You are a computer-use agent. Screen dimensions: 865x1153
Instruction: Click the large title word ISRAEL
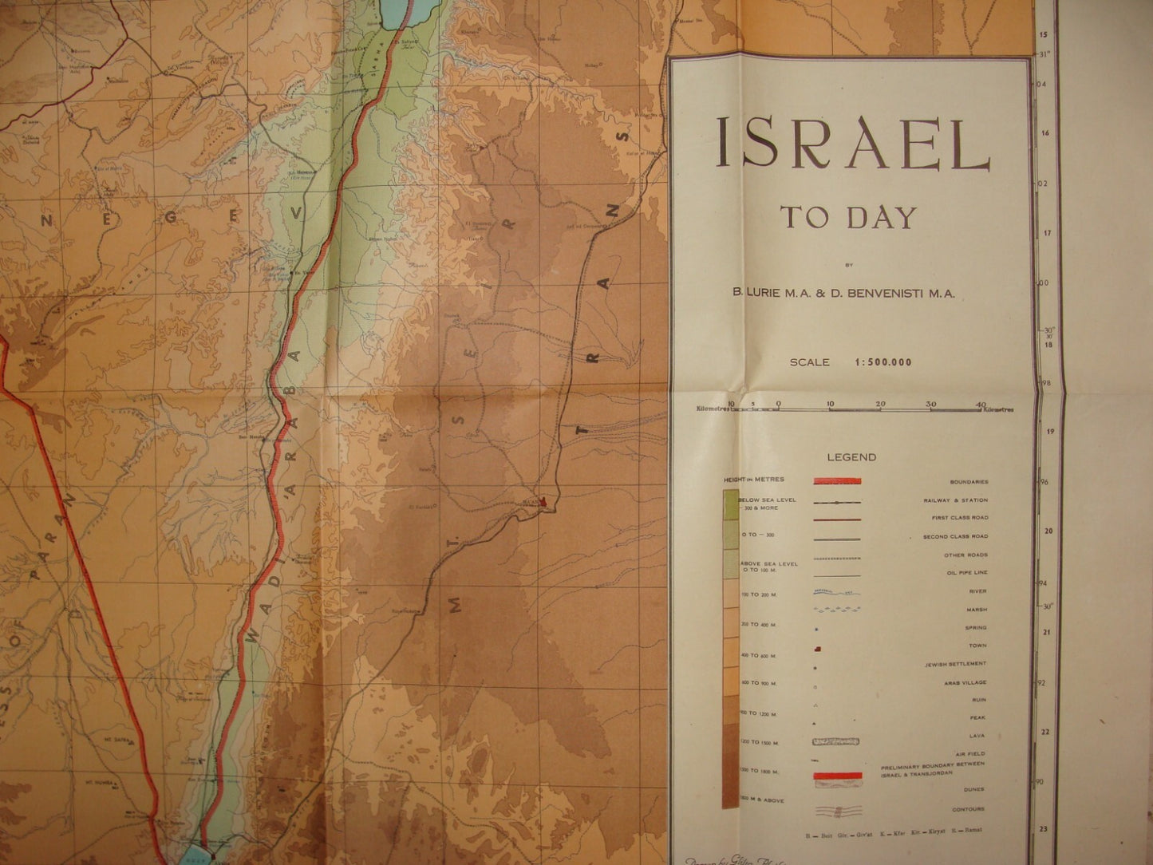point(851,144)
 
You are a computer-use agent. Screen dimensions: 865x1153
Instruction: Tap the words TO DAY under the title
point(848,217)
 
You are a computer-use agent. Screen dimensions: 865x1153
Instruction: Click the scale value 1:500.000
point(883,362)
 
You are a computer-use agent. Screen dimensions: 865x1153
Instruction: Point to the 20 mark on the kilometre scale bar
point(880,404)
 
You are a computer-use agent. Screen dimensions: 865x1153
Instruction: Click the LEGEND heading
point(851,457)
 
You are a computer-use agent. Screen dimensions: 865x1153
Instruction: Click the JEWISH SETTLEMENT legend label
point(955,664)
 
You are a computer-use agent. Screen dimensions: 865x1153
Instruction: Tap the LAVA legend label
point(979,736)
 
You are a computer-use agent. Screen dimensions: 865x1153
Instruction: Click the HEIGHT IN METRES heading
point(754,480)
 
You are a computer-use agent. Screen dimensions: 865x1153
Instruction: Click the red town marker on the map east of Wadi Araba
point(543,503)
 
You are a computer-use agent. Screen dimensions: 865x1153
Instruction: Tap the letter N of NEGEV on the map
point(47,223)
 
